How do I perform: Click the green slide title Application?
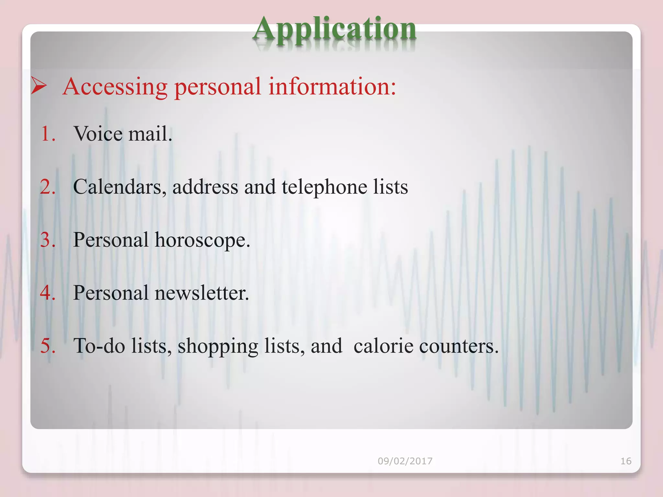pos(334,30)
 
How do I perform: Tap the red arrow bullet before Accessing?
pos(39,86)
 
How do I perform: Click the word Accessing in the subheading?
pos(115,87)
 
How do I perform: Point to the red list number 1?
pos(48,134)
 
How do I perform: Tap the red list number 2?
pos(48,187)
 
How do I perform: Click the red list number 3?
pos(48,240)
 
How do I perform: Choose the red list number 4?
pos(48,293)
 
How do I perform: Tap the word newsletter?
pos(202,293)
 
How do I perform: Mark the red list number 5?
pos(48,346)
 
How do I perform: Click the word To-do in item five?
pos(99,346)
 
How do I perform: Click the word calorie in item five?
pos(383,346)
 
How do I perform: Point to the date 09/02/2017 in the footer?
pos(405,461)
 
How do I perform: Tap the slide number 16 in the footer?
pos(626,461)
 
